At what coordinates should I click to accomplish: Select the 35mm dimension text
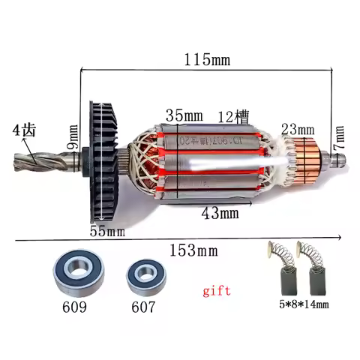point(184,117)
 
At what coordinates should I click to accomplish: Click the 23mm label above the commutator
point(297,127)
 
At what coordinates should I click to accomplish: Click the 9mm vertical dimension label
point(73,139)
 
